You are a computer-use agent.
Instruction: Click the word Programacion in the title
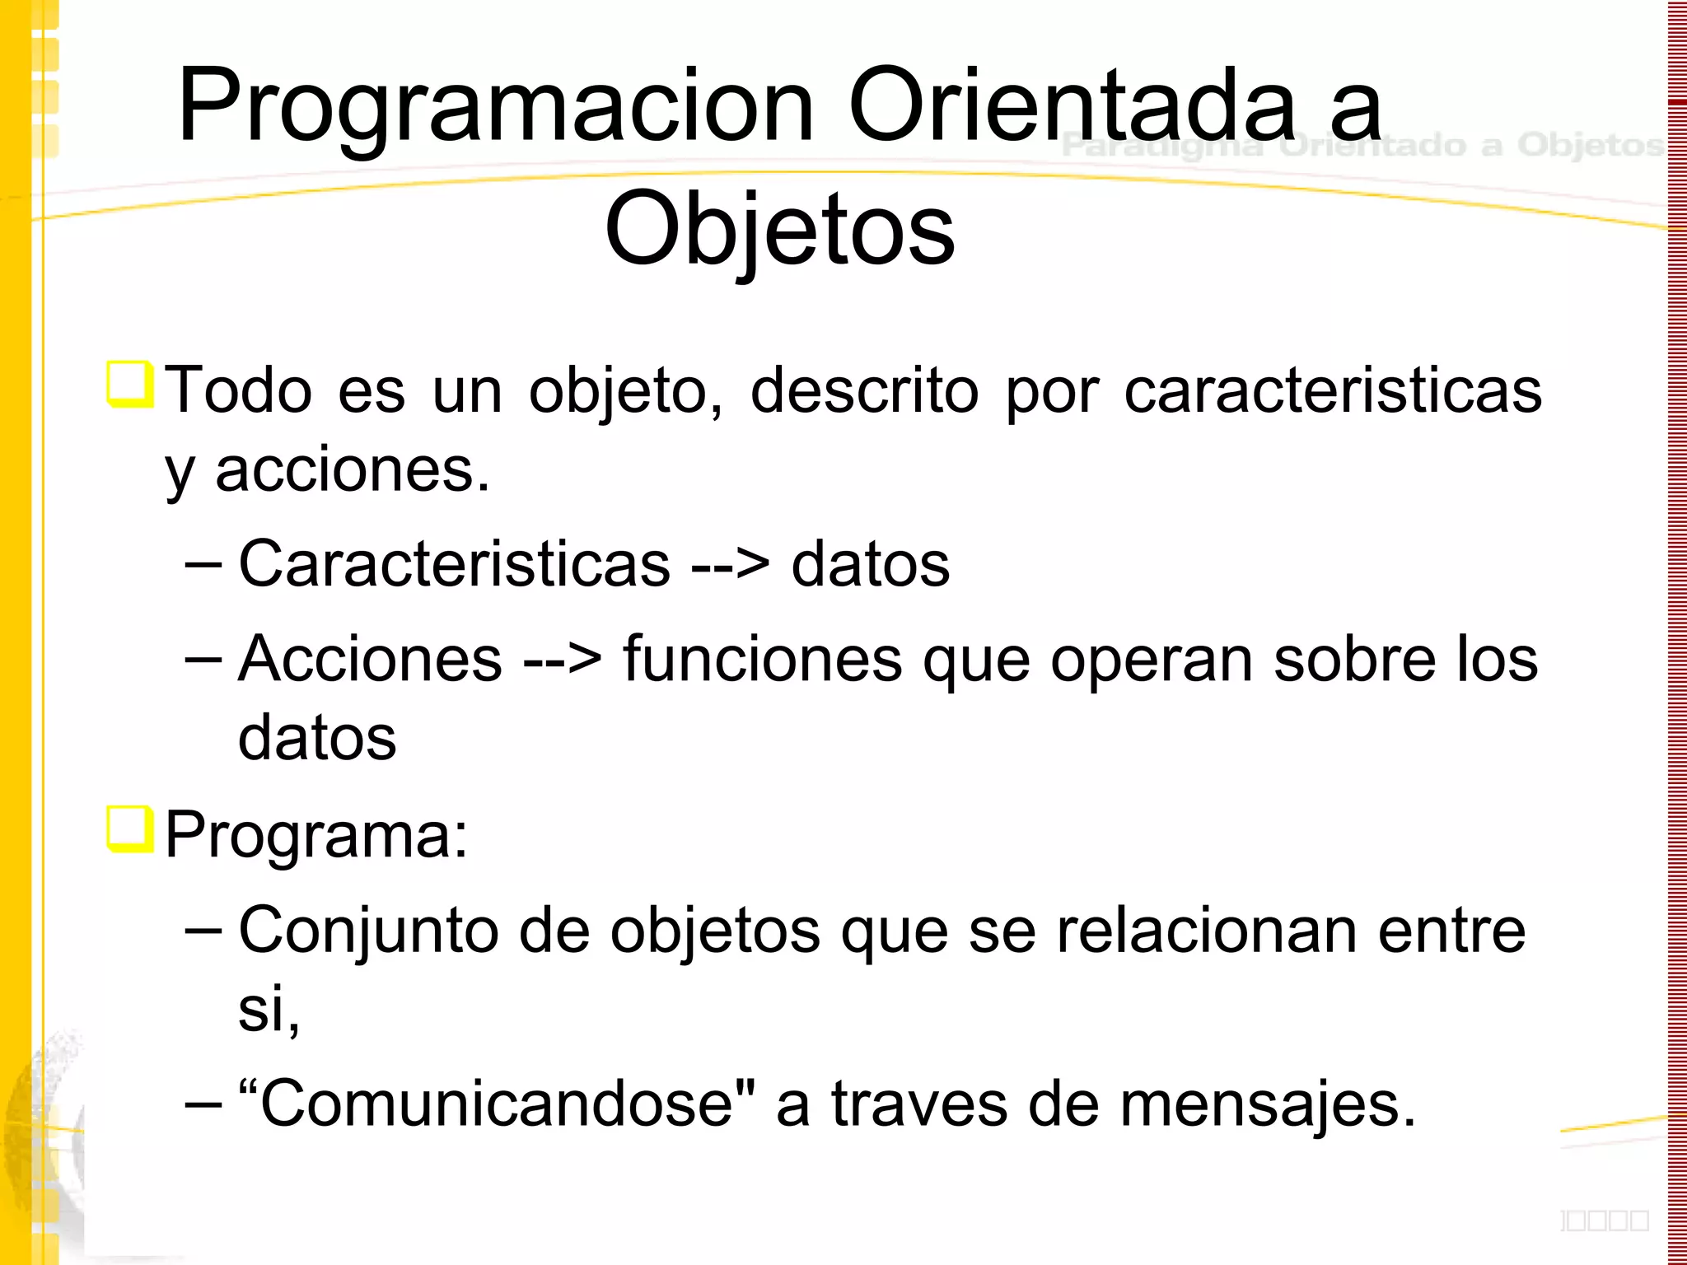pyautogui.click(x=494, y=107)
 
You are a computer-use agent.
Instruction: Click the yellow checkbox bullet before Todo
pyautogui.click(x=130, y=384)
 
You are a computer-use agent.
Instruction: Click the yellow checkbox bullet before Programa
pyautogui.click(x=130, y=829)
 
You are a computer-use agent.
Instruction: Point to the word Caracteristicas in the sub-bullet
pyautogui.click(x=454, y=564)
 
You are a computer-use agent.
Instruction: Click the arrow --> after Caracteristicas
pyautogui.click(x=730, y=566)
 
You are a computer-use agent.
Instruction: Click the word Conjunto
pyautogui.click(x=368, y=931)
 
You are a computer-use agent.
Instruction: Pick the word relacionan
pyautogui.click(x=1206, y=931)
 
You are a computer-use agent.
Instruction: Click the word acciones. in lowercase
pyautogui.click(x=353, y=471)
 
